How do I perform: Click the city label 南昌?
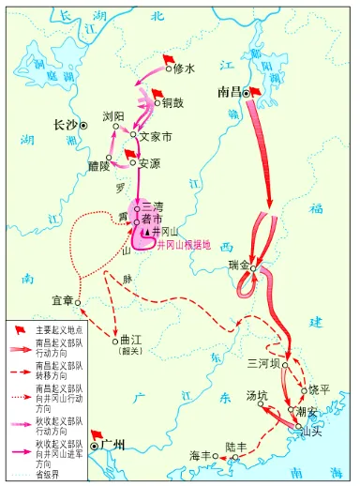point(231,94)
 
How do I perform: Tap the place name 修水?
point(185,69)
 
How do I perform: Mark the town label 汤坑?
point(257,395)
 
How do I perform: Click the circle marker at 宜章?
point(80,302)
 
